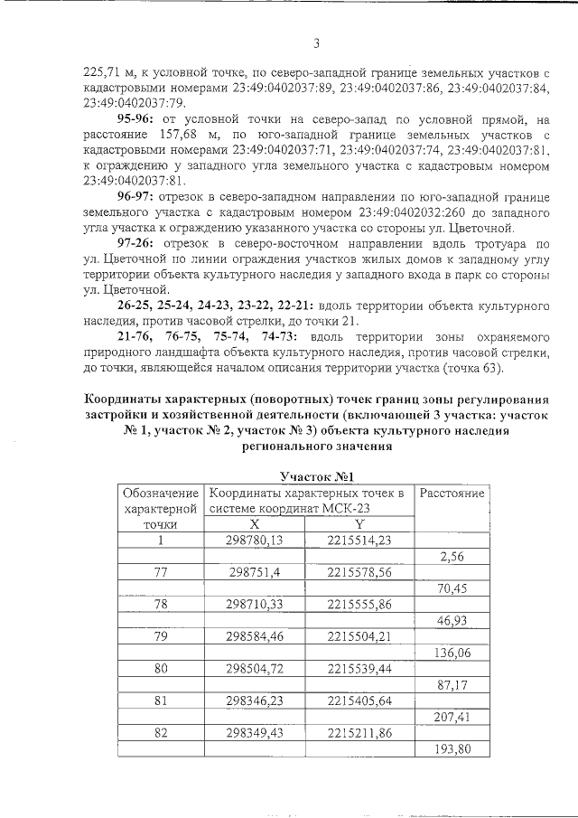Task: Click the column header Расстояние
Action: pyautogui.click(x=450, y=494)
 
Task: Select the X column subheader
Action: pyautogui.click(x=255, y=523)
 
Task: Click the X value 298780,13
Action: pyautogui.click(x=255, y=540)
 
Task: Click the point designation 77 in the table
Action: pyautogui.click(x=162, y=573)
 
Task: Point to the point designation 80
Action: pyautogui.click(x=162, y=670)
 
